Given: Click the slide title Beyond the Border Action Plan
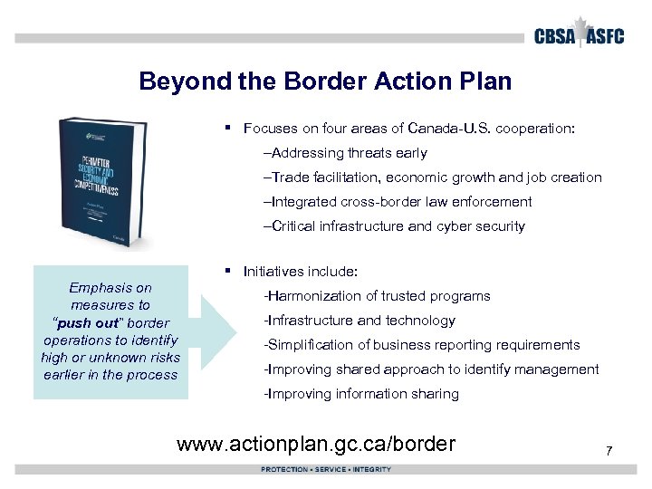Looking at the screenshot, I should (325, 81).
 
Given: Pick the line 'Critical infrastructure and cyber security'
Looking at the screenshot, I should (393, 226).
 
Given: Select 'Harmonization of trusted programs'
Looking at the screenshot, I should (376, 296).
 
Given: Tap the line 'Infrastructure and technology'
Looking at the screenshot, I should (359, 321).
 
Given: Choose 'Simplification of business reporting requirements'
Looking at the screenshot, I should (421, 345).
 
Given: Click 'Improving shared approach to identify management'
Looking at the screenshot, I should (430, 369).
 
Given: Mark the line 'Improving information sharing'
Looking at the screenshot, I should (360, 394).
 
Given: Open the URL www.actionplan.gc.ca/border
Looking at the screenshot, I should (316, 444).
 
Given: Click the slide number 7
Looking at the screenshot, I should (609, 450).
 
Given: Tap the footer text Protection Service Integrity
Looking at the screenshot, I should (326, 469).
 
